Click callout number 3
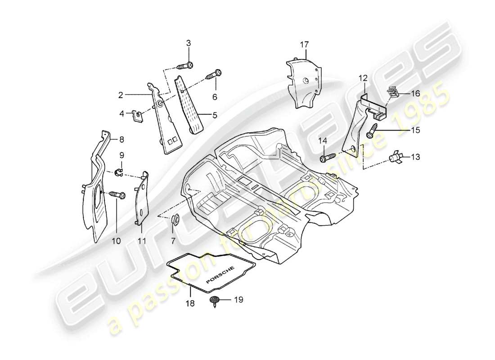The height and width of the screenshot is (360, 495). point(189,43)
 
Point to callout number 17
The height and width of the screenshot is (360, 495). point(304,44)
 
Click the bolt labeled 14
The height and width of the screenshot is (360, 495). point(327,158)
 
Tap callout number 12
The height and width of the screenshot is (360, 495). point(363,78)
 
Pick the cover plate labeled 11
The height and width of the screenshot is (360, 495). point(143,198)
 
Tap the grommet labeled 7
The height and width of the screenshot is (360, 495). point(176,220)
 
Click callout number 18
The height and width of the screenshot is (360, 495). point(190,304)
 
